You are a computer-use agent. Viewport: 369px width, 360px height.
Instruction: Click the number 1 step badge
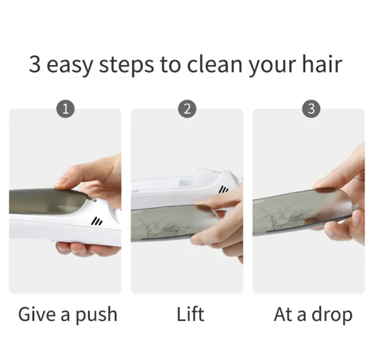[x=66, y=109]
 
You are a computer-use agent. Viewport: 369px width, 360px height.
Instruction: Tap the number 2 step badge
[x=187, y=109]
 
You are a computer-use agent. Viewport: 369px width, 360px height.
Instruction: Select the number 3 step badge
[x=311, y=109]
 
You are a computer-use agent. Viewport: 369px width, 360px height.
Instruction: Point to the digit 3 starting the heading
[x=35, y=64]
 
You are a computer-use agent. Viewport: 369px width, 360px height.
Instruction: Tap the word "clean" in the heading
[x=214, y=64]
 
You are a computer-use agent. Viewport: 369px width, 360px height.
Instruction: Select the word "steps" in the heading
[x=126, y=66]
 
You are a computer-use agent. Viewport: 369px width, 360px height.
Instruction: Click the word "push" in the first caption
[x=96, y=315]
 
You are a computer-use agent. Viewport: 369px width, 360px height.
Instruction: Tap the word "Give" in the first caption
[x=38, y=314]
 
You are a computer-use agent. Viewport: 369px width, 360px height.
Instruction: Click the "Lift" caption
[x=190, y=314]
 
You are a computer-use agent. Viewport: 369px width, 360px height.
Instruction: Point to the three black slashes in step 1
[x=97, y=221]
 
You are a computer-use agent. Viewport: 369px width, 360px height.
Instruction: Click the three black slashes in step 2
[x=224, y=189]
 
